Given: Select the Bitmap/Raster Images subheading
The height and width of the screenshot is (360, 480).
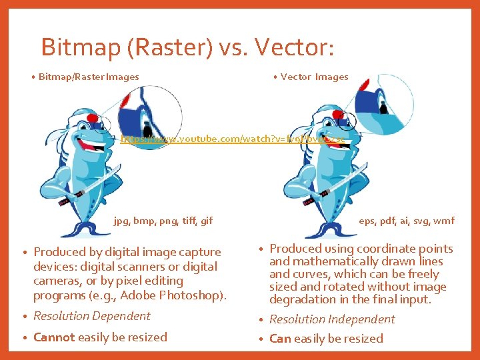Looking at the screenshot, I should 89,77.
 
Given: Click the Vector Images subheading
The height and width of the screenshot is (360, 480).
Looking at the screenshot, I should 314,77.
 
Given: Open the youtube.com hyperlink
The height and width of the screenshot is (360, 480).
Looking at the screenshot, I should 233,140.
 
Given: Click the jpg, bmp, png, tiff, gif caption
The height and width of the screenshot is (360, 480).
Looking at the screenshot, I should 163,221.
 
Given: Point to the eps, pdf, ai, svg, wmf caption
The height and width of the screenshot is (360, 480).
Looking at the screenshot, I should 407,221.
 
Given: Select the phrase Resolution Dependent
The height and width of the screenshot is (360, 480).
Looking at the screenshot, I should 92,316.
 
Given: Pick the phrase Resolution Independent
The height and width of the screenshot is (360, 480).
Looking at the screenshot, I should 332,319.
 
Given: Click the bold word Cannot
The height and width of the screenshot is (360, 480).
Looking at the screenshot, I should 54,337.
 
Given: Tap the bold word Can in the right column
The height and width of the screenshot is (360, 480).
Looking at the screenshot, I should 280,339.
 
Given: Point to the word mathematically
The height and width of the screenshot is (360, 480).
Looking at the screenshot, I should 331,261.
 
